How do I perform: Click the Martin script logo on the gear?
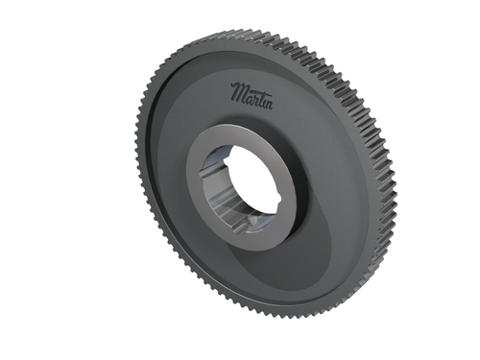point(251,94)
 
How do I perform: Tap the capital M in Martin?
point(237,93)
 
